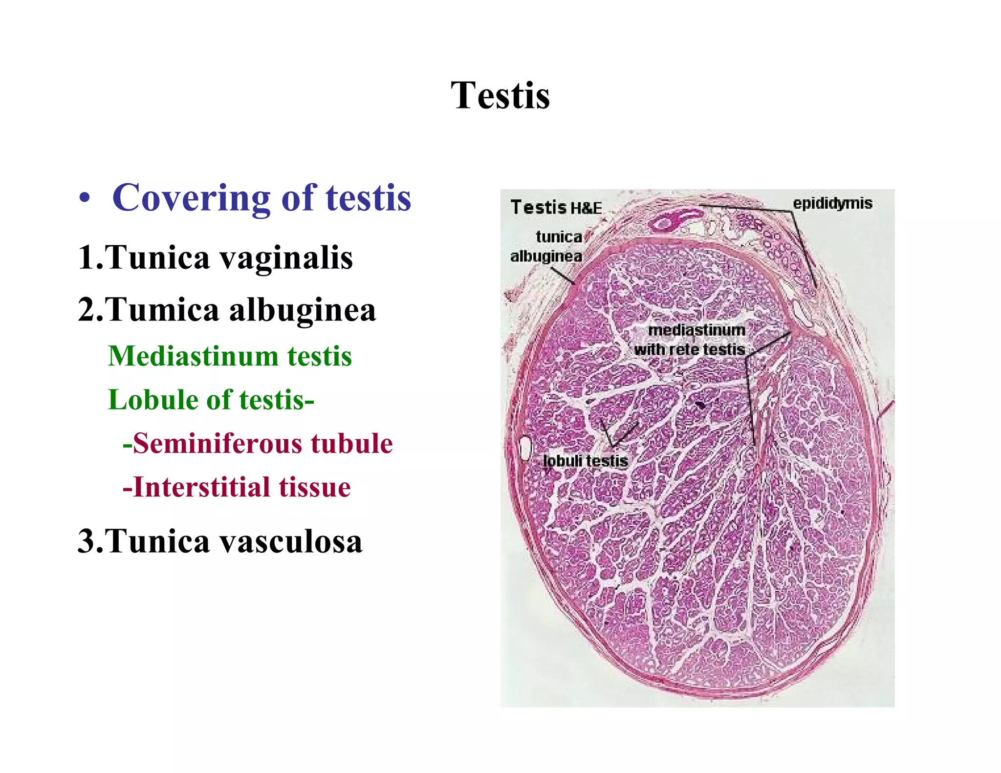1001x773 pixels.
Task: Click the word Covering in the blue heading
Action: click(191, 198)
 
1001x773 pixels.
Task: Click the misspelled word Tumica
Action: click(161, 310)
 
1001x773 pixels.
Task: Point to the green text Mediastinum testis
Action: click(230, 356)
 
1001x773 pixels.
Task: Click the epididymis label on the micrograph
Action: click(832, 203)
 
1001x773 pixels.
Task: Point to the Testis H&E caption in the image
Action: click(556, 207)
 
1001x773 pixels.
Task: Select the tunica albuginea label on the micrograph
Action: click(547, 246)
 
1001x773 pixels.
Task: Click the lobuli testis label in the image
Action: click(585, 461)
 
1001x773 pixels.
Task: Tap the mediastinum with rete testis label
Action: click(690, 340)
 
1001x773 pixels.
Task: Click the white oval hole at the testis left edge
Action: click(525, 448)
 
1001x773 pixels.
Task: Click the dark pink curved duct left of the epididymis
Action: click(675, 220)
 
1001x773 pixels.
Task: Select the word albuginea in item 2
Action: click(302, 310)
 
